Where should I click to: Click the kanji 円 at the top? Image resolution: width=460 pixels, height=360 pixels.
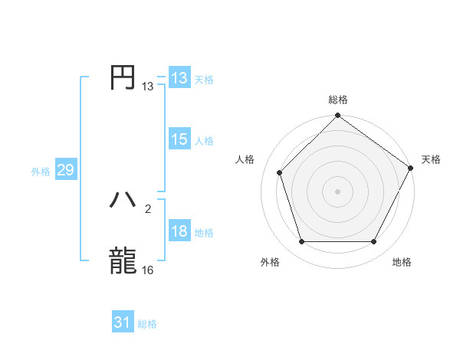(x=123, y=77)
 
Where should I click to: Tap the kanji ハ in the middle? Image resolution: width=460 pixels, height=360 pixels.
(x=123, y=200)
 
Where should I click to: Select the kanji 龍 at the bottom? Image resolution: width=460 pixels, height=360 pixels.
(x=123, y=260)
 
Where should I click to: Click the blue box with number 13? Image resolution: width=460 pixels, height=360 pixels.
(x=179, y=77)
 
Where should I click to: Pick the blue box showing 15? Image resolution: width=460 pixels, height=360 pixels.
(x=179, y=139)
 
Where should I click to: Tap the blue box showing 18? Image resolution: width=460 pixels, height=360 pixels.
(x=179, y=231)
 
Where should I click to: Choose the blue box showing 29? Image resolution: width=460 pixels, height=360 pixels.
(x=65, y=170)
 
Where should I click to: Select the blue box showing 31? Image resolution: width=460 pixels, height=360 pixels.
(x=123, y=322)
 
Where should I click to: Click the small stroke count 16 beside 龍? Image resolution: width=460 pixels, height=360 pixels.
(x=148, y=270)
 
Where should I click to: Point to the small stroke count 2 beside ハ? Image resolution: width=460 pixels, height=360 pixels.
(x=148, y=208)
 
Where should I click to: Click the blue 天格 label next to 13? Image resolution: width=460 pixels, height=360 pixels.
(x=204, y=79)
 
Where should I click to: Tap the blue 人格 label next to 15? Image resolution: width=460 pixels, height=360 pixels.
(x=204, y=141)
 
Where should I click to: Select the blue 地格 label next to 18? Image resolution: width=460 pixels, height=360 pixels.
(x=204, y=233)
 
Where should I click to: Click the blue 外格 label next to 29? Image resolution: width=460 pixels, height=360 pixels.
(x=41, y=172)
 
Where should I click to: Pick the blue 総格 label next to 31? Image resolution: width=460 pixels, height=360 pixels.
(x=147, y=324)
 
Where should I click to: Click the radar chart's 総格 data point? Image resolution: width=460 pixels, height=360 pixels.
(x=337, y=116)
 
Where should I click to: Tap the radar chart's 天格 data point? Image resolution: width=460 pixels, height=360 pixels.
(x=411, y=167)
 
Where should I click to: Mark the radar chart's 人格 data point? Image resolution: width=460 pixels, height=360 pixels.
(x=280, y=172)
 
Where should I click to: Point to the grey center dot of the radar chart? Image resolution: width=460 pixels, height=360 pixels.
(x=337, y=191)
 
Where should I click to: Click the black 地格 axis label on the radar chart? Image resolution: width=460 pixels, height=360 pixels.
(x=402, y=263)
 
